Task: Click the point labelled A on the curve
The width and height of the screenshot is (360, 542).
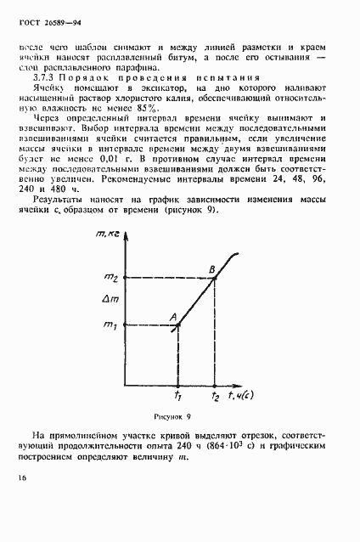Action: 178,324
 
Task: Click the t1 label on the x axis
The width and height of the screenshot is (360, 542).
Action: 177,395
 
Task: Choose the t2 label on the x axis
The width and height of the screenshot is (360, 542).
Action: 217,395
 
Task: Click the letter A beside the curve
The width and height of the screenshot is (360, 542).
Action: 172,317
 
